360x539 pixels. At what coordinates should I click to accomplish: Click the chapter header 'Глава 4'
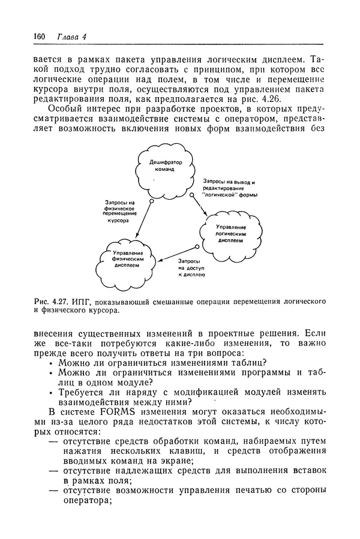[x=71, y=37]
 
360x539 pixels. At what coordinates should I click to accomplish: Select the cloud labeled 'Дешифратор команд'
[x=160, y=166]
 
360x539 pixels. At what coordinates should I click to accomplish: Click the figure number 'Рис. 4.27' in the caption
[x=50, y=300]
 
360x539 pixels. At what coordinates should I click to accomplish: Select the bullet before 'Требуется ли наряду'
[x=51, y=393]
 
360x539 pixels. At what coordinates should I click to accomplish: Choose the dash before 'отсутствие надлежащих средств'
[x=54, y=471]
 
